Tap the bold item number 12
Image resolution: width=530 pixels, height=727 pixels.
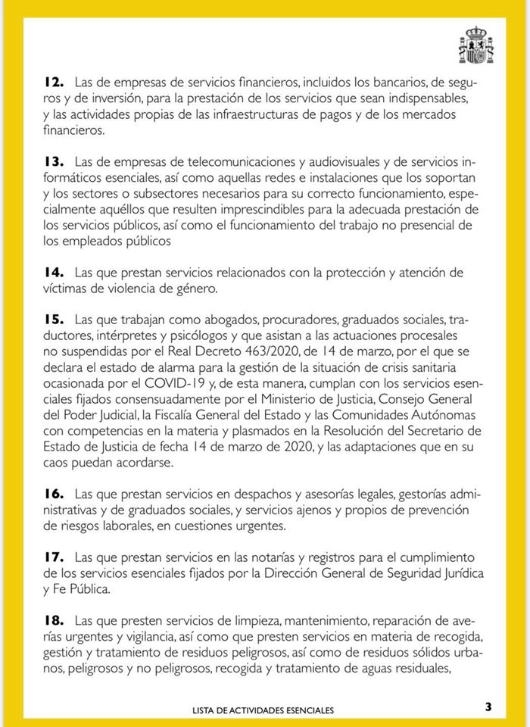[x=52, y=81]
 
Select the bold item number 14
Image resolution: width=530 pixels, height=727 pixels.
[x=52, y=272]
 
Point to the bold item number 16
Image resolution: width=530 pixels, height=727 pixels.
[x=52, y=495]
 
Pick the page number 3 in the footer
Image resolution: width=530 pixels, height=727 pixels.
[x=488, y=707]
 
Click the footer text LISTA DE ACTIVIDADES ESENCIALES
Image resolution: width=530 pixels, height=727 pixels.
[x=273, y=710]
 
